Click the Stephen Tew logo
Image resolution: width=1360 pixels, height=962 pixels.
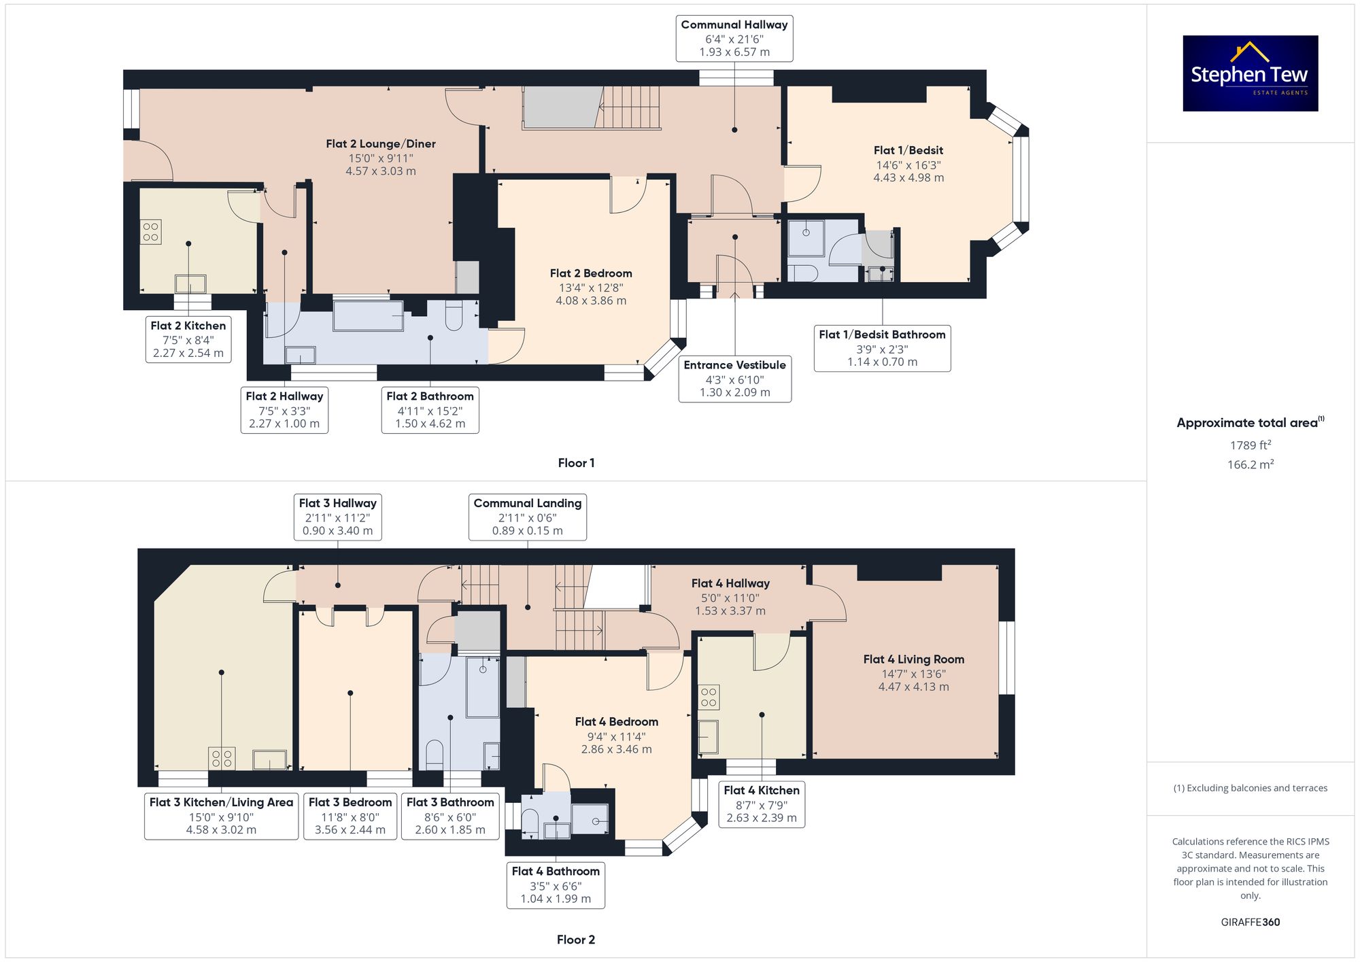coord(1251,73)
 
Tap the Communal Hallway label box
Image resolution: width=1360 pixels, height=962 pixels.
coord(734,38)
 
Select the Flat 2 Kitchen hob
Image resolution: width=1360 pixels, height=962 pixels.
coord(151,232)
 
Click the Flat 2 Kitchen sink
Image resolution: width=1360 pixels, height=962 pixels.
coord(190,284)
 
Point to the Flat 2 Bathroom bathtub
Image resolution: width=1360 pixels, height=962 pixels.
coord(368,315)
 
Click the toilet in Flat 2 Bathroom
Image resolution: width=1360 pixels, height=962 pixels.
coord(454,315)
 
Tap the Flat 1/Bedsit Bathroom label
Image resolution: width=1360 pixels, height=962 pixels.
coord(883,348)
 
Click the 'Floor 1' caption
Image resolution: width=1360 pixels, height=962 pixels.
coord(576,463)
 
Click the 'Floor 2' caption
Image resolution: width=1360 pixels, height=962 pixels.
coord(576,940)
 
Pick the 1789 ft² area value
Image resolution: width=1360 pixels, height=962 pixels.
coord(1251,445)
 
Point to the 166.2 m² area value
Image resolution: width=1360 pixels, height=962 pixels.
coord(1251,464)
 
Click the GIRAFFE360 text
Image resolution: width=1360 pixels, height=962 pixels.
coord(1251,922)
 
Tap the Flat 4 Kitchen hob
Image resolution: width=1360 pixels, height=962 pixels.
coord(709,698)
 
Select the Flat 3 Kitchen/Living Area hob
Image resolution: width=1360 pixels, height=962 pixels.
coord(221,758)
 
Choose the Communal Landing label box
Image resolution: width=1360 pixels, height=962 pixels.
coord(528,517)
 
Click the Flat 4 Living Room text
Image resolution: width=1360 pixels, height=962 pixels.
coord(914,659)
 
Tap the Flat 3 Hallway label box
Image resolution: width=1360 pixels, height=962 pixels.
coord(338,517)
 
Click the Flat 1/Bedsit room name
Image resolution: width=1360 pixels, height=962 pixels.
coord(908,150)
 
